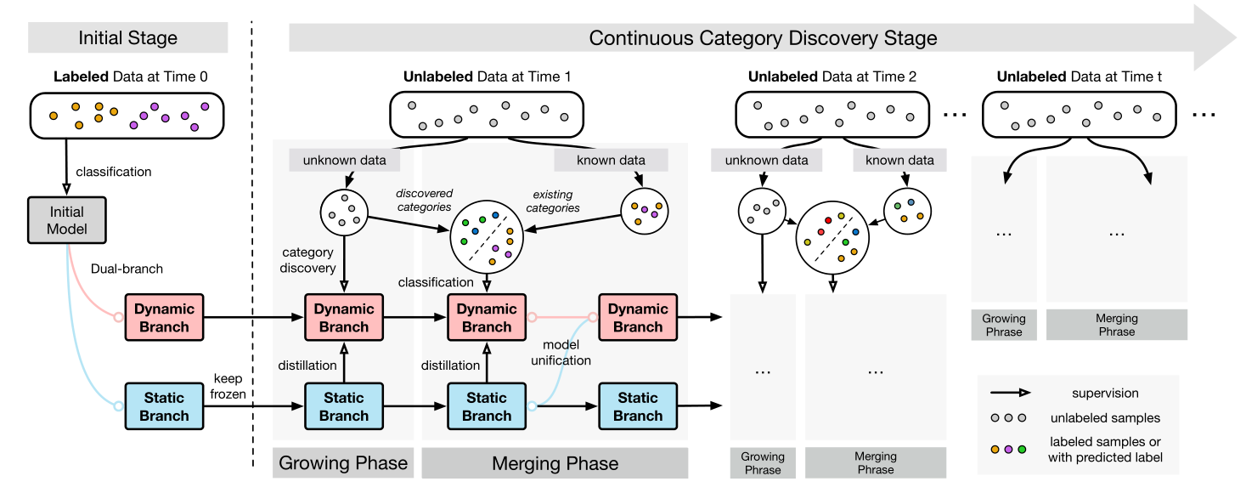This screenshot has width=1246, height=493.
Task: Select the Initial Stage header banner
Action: [127, 38]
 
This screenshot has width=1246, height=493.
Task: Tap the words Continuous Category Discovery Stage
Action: [762, 38]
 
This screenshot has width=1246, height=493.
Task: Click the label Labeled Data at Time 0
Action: [130, 76]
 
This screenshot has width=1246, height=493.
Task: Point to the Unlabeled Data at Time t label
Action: [1080, 76]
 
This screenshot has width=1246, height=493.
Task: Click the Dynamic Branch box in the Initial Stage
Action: [164, 318]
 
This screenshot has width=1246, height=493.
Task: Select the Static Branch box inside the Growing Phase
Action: [344, 406]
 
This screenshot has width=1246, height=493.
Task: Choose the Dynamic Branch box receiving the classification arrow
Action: [487, 318]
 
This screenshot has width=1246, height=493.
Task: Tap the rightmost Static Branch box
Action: [637, 406]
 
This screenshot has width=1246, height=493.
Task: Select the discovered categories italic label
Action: [425, 201]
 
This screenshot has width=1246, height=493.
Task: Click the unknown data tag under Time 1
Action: [343, 160]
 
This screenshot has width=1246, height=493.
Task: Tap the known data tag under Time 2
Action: [899, 160]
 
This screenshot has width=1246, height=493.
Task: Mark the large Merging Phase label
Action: [555, 463]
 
